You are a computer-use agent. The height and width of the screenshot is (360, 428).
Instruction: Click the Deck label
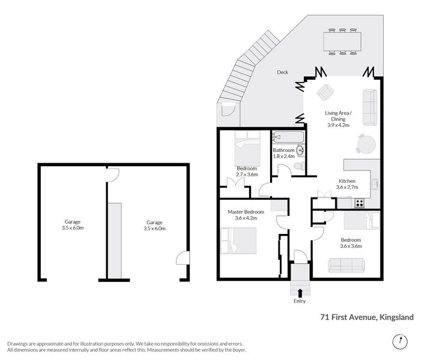(x=282, y=73)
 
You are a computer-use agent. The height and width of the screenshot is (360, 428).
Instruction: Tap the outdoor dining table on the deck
(x=343, y=41)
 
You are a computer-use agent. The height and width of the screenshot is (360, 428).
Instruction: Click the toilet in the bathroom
(x=302, y=165)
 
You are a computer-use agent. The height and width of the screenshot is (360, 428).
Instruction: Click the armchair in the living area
(x=325, y=92)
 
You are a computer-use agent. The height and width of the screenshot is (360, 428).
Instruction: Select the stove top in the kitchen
(x=360, y=203)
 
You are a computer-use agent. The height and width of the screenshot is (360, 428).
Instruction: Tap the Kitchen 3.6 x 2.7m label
(x=347, y=184)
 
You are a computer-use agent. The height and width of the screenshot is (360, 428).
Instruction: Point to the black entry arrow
(x=300, y=292)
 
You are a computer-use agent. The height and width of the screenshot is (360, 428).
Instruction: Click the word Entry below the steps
(x=300, y=301)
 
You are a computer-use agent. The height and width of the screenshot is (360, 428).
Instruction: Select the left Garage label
(x=73, y=225)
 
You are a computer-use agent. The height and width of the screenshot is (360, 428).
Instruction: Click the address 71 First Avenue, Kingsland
(x=367, y=317)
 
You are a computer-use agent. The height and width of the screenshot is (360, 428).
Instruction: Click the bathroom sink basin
(x=300, y=150)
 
